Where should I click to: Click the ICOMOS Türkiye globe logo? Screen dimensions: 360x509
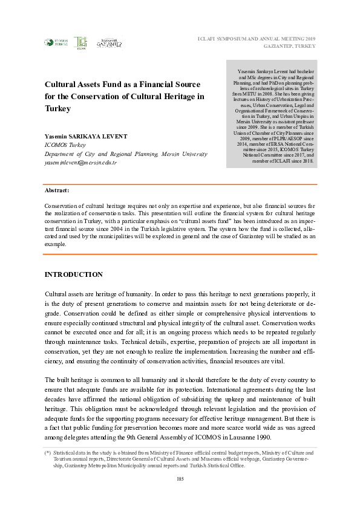tap(50, 42)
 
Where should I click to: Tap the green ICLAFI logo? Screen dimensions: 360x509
tap(80, 42)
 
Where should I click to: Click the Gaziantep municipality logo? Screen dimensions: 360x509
tap(110, 42)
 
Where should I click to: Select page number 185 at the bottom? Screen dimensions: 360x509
tap(180, 479)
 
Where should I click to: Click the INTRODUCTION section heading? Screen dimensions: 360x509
tap(74, 274)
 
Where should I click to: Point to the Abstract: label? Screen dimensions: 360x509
tap(57, 190)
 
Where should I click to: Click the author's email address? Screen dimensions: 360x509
tap(80, 163)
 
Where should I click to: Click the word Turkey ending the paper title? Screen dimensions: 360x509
tap(58, 109)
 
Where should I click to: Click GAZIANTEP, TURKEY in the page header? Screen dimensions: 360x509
tap(292, 47)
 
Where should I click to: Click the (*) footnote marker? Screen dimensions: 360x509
tap(47, 452)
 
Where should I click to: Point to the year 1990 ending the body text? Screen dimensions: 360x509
tap(261, 437)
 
